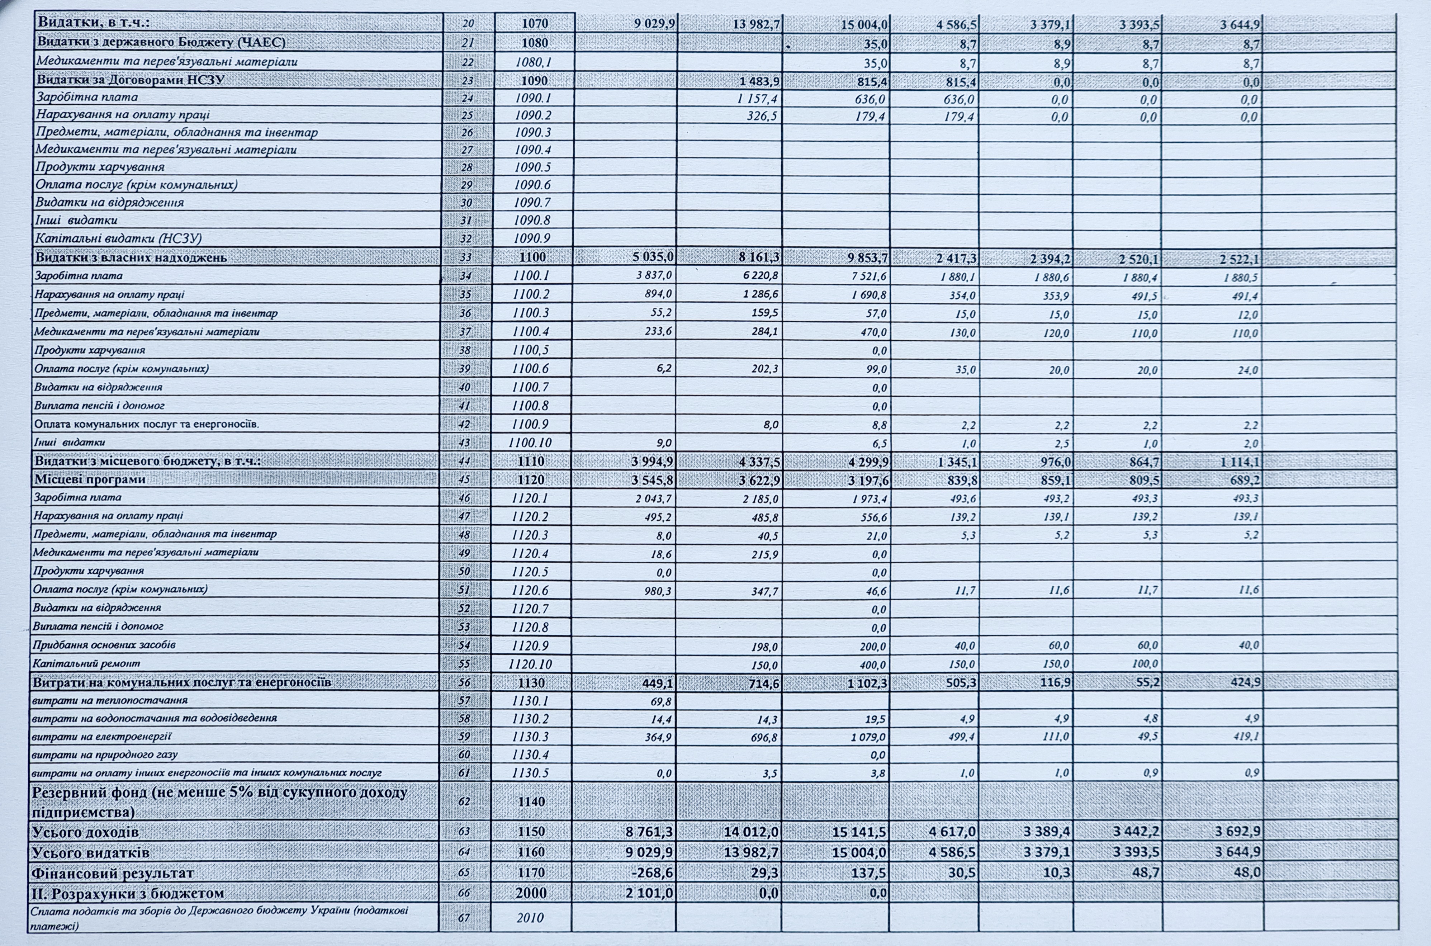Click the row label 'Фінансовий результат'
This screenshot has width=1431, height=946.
[113, 873]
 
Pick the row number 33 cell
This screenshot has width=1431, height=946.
[466, 257]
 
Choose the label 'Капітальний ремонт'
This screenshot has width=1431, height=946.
[87, 663]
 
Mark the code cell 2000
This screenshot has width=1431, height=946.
[531, 893]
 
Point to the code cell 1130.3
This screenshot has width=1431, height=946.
[530, 737]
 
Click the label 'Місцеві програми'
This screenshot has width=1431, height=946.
[90, 480]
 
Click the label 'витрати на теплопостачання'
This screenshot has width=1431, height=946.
[110, 700]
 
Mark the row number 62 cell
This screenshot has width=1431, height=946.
[464, 801]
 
